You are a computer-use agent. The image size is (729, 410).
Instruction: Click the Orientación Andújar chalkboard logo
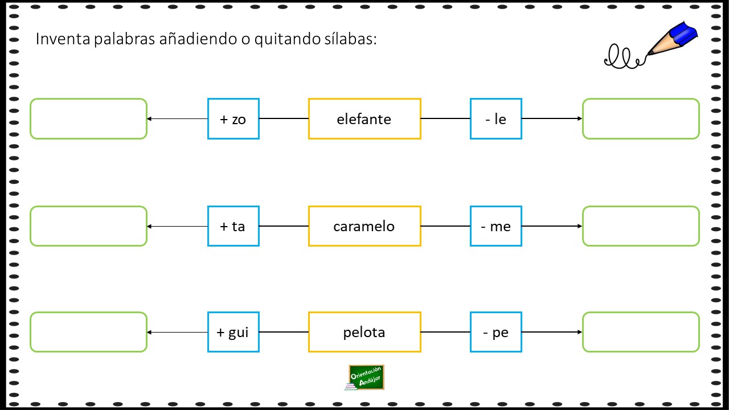pyautogui.click(x=365, y=378)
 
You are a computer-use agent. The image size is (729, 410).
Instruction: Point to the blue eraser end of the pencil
pyautogui.click(x=682, y=33)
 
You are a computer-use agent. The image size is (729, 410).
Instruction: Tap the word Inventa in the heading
pyautogui.click(x=63, y=39)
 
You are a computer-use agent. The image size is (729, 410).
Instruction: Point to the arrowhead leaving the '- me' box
pyautogui.click(x=580, y=226)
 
